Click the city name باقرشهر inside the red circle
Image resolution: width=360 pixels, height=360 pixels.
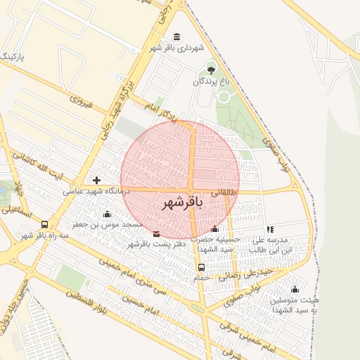[x=182, y=204]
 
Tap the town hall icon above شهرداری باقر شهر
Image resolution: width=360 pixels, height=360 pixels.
[x=175, y=37]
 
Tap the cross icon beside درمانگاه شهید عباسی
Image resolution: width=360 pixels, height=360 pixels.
[x=97, y=181]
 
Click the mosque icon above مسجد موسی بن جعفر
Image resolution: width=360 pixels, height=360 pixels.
[x=107, y=214]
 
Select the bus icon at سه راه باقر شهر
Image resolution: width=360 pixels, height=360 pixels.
[x=45, y=224]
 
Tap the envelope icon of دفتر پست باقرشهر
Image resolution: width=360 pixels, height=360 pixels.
[x=155, y=233]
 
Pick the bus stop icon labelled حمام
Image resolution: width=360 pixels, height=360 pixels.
[x=202, y=267]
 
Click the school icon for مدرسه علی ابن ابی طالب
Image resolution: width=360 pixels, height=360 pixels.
[x=270, y=229]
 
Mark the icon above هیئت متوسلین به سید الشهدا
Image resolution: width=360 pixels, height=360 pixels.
[x=295, y=290]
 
